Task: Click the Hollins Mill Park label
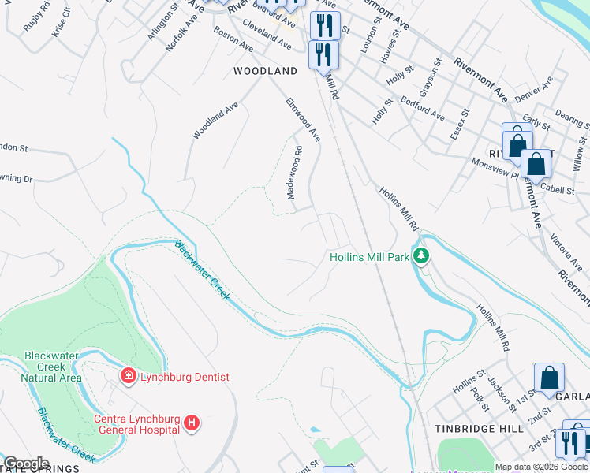coord(368,257)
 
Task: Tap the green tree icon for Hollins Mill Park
coord(421,256)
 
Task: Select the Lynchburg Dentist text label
coord(185,377)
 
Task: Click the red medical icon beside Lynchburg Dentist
coord(127,377)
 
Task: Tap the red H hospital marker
coord(191,424)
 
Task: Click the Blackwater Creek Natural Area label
coord(51,367)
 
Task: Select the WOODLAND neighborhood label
coord(266,71)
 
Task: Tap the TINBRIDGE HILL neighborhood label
coord(479,428)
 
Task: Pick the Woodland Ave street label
coord(215,121)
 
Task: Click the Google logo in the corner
coord(26,464)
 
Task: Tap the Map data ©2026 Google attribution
coord(541,467)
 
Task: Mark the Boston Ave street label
coord(233,41)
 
